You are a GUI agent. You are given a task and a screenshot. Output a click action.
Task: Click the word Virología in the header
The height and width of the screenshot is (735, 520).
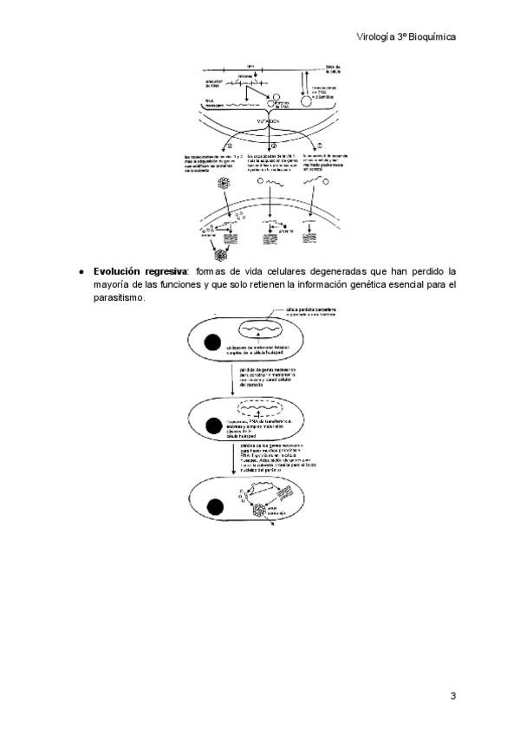377,37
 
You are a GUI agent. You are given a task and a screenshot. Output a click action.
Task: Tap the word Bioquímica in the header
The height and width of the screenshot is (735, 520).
431,37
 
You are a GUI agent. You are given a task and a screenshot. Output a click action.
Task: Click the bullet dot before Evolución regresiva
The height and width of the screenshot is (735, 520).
81,271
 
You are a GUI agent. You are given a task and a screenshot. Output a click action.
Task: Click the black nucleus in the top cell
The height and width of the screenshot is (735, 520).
211,341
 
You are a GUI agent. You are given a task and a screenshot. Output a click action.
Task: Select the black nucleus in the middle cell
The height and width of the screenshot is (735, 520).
211,426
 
